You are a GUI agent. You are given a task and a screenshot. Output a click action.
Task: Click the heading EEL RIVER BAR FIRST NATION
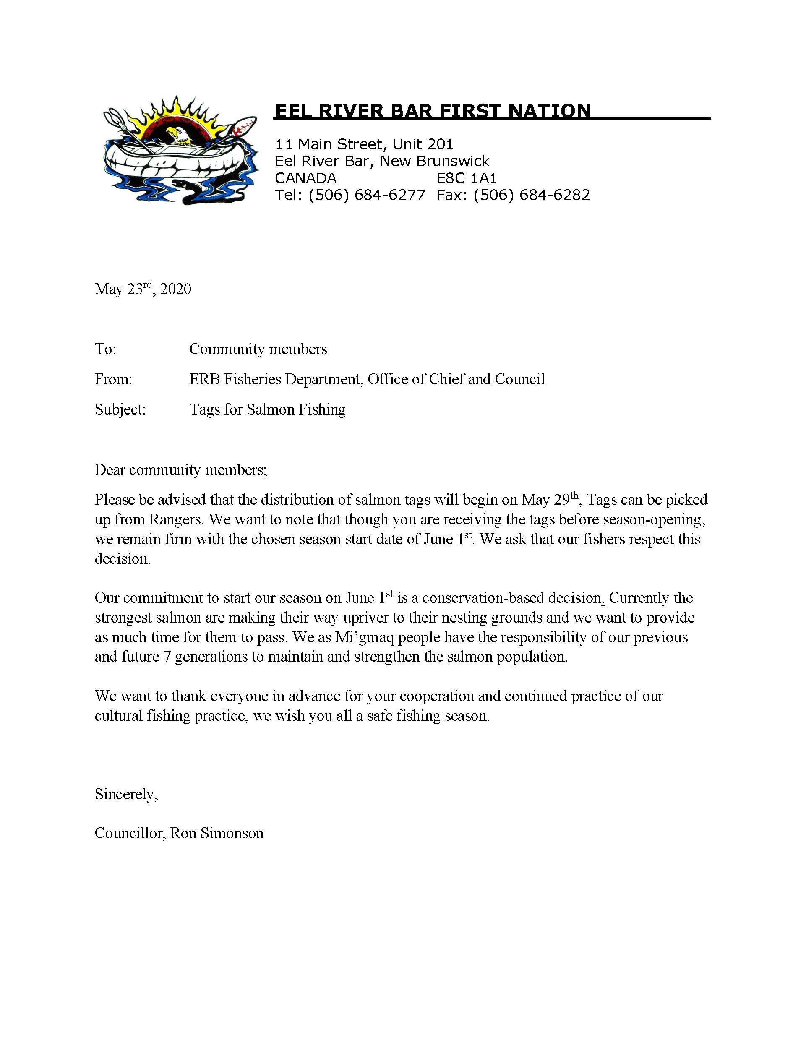[x=433, y=111]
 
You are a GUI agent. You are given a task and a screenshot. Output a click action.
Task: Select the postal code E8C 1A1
[x=467, y=178]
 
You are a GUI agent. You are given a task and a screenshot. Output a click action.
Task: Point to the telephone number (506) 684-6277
[x=367, y=195]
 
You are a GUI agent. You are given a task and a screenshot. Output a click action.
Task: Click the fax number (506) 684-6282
[x=532, y=195]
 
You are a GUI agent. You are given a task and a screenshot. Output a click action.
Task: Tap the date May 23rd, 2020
[x=143, y=289]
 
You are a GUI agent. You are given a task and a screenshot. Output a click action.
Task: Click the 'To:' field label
[x=105, y=349]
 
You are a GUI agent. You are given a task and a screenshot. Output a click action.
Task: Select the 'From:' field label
[x=113, y=379]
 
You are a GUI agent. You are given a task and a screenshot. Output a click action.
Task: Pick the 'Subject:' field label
[x=120, y=409]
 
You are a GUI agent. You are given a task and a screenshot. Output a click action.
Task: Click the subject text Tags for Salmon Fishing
[x=267, y=409]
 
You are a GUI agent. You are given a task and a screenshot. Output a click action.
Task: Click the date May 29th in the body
[x=550, y=500]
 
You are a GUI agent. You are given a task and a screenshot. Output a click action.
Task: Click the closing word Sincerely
[x=125, y=794]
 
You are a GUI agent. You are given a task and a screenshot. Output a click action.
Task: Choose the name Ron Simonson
[x=217, y=833]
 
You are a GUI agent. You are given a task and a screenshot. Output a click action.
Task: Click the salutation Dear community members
[x=180, y=470]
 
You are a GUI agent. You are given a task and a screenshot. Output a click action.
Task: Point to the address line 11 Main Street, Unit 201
[x=364, y=144]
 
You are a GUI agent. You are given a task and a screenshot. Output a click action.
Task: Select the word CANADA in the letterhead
[x=305, y=178]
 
